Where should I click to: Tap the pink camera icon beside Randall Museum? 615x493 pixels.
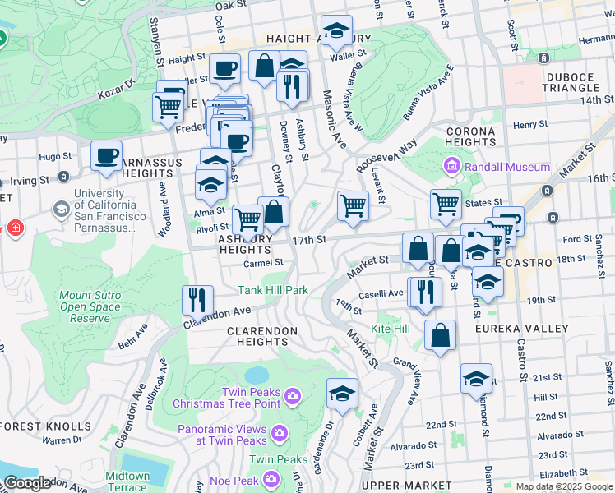[451, 168]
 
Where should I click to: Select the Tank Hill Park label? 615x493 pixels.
[273, 290]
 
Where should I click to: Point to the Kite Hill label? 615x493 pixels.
[391, 329]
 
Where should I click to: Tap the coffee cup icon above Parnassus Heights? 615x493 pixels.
[106, 155]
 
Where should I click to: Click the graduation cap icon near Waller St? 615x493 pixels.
[335, 31]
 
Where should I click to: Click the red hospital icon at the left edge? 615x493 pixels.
[16, 227]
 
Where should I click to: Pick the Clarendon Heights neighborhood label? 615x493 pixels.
[262, 330]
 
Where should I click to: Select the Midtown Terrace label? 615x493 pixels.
[127, 481]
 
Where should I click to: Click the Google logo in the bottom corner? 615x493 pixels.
[28, 484]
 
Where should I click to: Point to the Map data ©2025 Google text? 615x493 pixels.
[563, 487]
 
